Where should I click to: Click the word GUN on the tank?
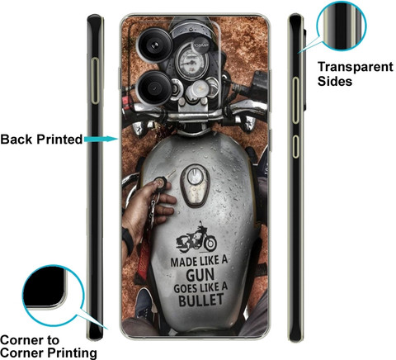[200, 275]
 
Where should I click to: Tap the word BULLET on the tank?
[201, 300]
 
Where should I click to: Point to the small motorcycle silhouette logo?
[196, 238]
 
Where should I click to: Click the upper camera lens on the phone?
[155, 45]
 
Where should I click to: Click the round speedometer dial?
[193, 62]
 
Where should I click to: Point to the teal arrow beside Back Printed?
[101, 139]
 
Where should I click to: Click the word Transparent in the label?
[356, 68]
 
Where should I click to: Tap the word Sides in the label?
[335, 81]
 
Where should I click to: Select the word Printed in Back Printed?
[59, 140]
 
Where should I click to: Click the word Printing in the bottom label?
[73, 353]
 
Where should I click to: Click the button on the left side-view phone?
[95, 81]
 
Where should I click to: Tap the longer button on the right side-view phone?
[295, 101]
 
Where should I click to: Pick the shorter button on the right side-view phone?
[295, 146]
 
